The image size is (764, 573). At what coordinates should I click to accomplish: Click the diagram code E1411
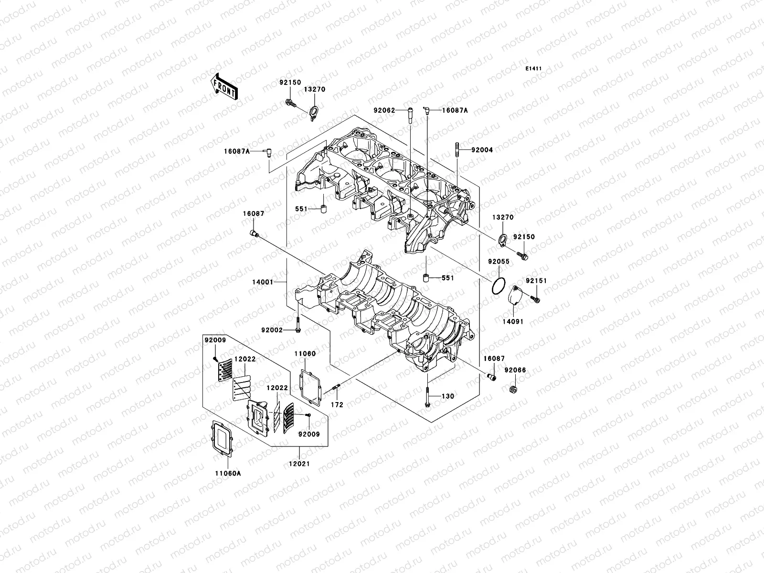coord(534,69)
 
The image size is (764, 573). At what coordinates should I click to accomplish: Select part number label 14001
coord(263,282)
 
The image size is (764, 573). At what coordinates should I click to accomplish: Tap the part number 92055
coord(499,262)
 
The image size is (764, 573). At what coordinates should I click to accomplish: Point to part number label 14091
coord(513,322)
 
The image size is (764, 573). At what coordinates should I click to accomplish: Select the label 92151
coord(536,281)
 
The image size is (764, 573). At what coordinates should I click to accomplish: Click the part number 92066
coord(515,370)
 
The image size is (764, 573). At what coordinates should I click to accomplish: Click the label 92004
coord(482,150)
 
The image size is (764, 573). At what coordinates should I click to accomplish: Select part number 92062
coord(384,110)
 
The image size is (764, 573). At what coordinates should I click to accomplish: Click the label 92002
coord(272,330)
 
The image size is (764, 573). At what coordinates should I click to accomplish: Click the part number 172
coord(337,405)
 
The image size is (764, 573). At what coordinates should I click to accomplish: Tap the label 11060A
coord(227,474)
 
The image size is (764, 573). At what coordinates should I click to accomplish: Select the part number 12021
coord(299,464)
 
